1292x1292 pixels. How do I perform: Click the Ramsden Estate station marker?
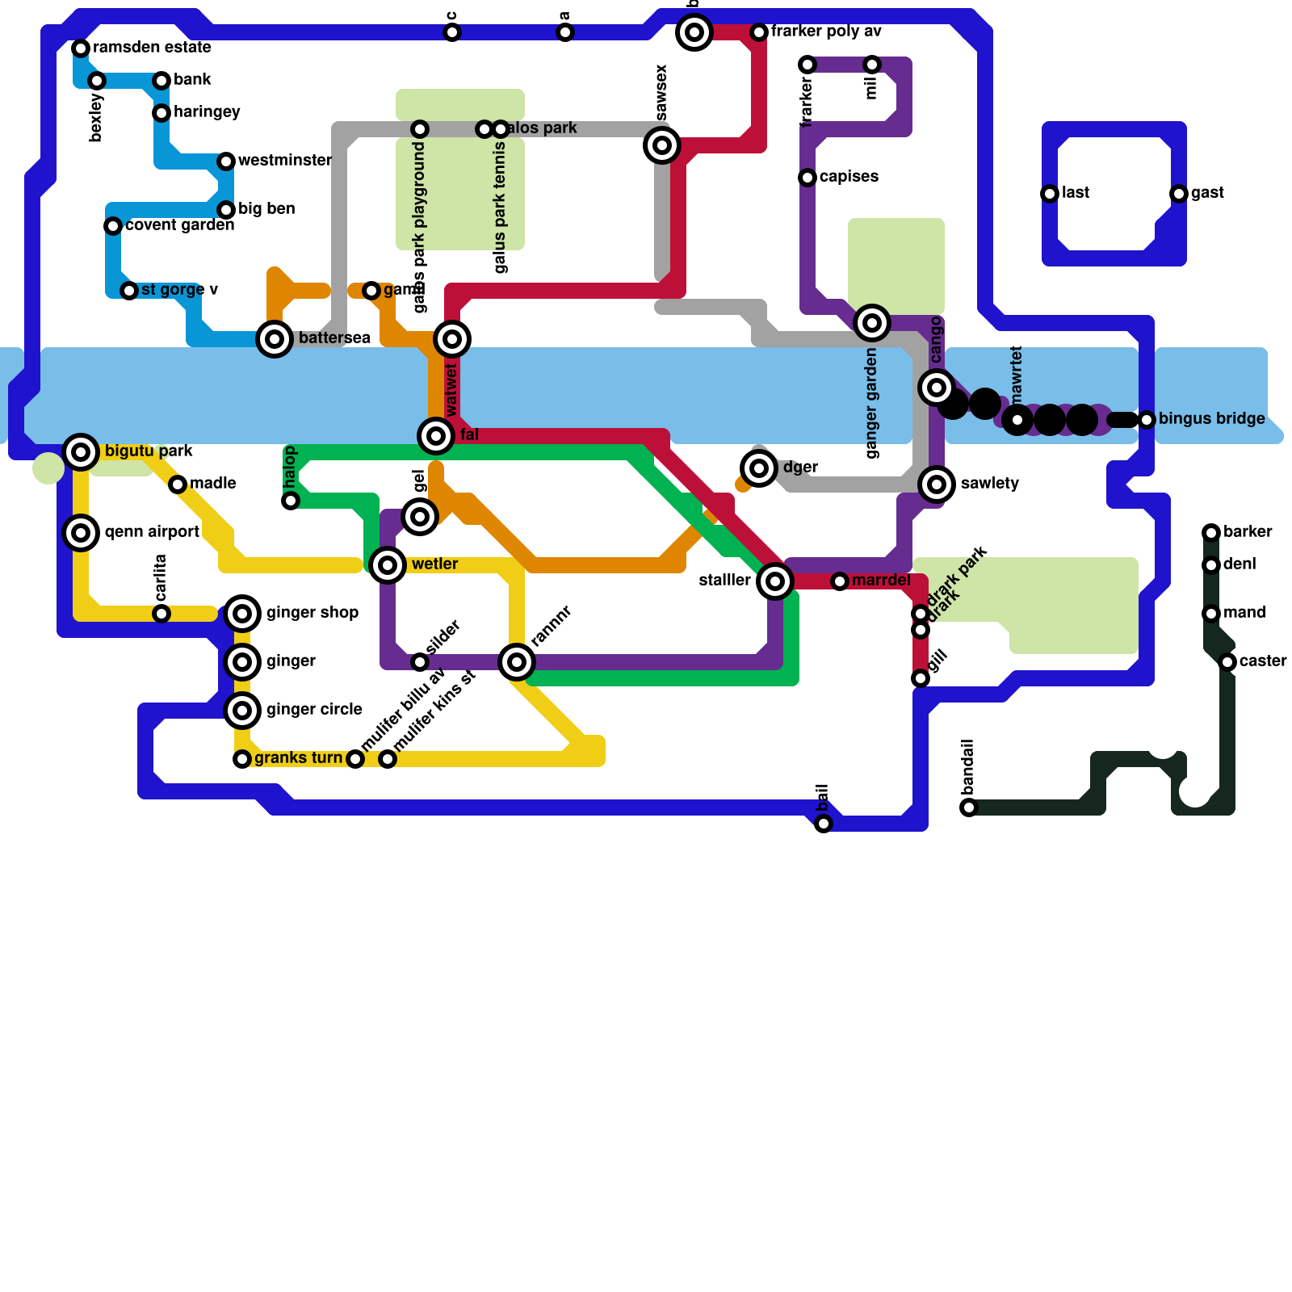tap(81, 48)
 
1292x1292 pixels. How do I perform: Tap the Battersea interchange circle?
tap(275, 339)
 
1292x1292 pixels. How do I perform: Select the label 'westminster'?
tap(284, 161)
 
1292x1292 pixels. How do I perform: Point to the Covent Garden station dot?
tap(113, 226)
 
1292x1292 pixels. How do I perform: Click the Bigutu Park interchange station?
tap(81, 452)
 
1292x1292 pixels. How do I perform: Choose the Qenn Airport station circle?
tap(81, 533)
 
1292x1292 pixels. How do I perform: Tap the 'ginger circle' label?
tap(314, 710)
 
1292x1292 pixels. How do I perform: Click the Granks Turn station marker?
tap(242, 759)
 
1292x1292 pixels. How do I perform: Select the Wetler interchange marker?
tap(388, 565)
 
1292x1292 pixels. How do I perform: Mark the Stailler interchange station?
tap(775, 581)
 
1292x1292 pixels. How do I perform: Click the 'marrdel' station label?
tap(881, 581)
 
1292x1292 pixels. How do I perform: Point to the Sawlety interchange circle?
tap(937, 484)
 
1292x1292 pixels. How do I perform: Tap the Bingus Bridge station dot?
tap(1147, 420)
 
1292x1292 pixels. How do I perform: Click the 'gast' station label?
tap(1207, 193)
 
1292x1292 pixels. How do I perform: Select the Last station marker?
tap(1050, 194)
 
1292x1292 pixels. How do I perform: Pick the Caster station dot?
tap(1227, 662)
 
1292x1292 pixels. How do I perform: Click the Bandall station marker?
tap(969, 807)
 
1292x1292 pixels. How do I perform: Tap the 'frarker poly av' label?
tap(826, 31)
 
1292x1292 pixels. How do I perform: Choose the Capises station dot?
tap(807, 178)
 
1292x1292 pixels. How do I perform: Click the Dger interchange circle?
tap(759, 468)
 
